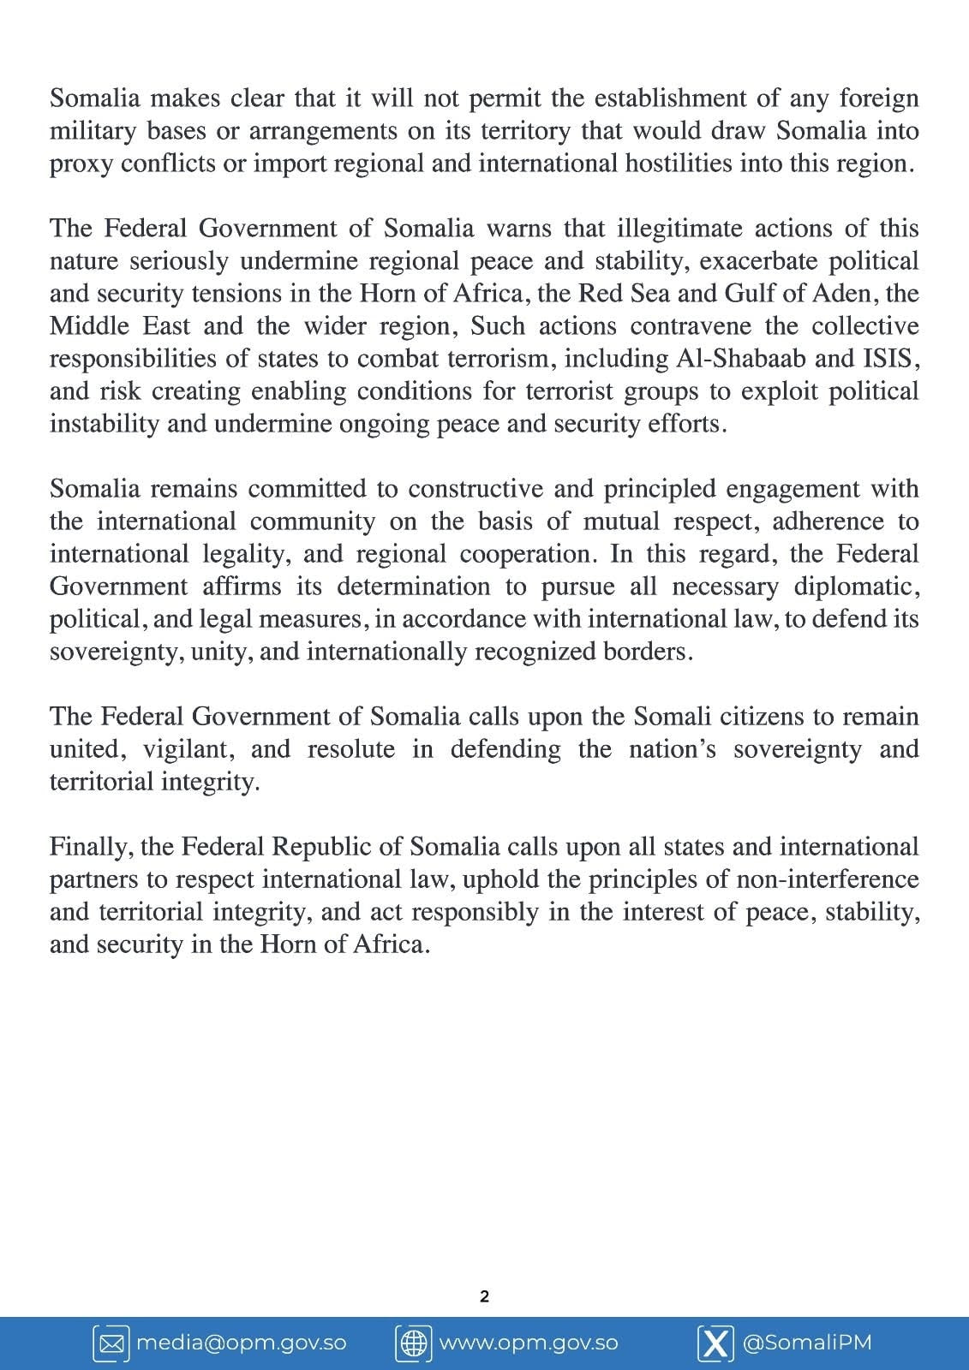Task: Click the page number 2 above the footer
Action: coord(484,1296)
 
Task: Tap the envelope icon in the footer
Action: coord(111,1343)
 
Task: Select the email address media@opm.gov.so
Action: coord(242,1343)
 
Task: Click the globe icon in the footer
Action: coord(413,1343)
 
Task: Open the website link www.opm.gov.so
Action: coord(528,1343)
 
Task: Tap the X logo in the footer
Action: coord(715,1343)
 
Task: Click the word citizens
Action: coord(769,717)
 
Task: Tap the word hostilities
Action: coord(675,164)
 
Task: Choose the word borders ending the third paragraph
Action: coord(655,652)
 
